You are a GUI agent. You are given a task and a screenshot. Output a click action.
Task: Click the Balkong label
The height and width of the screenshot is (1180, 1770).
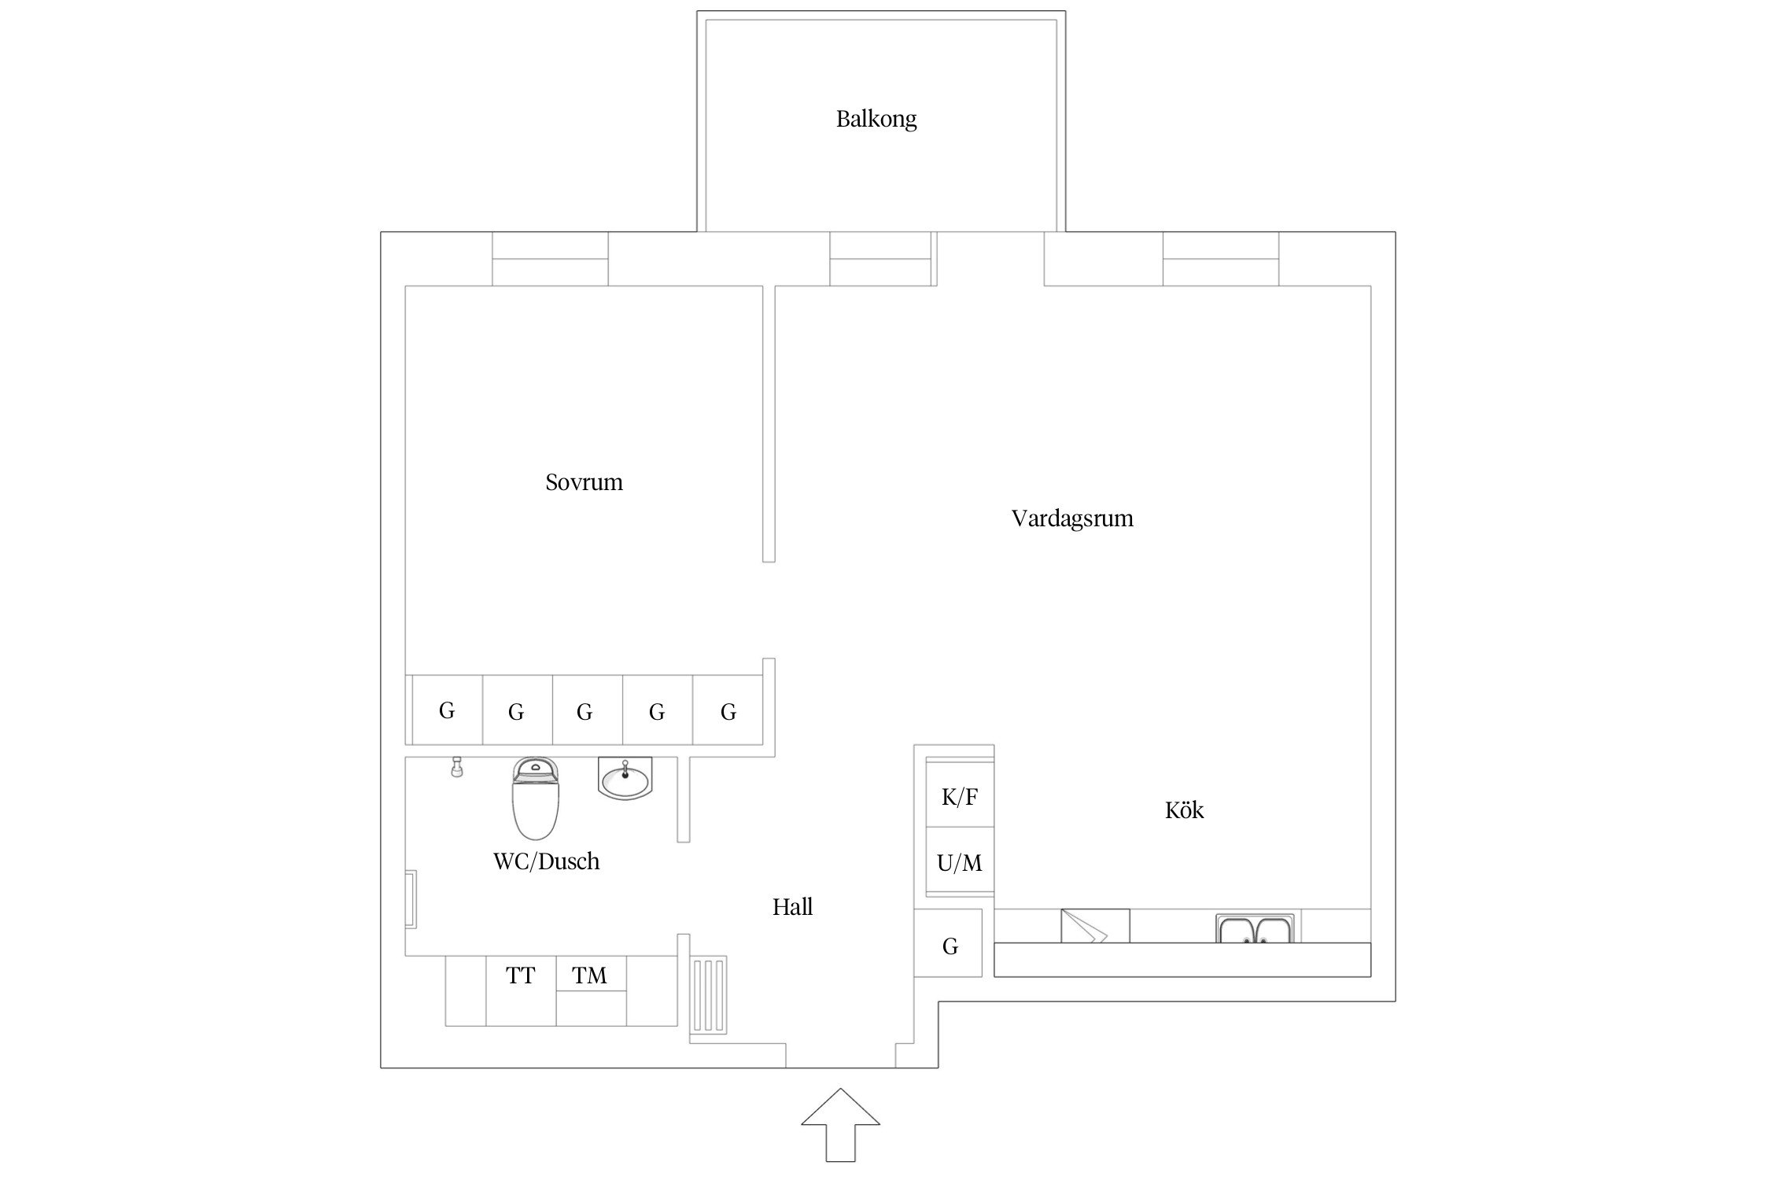coord(876,120)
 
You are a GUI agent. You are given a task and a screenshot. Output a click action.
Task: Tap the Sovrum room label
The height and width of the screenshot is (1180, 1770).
coord(584,482)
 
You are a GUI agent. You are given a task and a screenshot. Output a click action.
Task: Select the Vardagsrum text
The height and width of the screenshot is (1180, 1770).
coord(1071,519)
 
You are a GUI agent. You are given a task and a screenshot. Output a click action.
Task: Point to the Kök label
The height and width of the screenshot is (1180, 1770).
coord(1184,810)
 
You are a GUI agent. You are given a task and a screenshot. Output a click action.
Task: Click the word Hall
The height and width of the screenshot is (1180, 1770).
coord(792,907)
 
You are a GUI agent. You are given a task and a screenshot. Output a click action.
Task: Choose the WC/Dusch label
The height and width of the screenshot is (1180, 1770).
coord(546,861)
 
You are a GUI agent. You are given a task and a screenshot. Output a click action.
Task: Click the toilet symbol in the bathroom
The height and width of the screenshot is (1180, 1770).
coord(536,798)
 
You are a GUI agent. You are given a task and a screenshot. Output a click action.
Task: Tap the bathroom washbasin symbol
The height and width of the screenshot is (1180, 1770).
coord(625,780)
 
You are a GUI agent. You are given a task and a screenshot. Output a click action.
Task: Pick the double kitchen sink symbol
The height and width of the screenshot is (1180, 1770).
coord(1255,928)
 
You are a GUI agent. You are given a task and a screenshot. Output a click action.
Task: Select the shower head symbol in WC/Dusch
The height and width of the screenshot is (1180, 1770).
coord(455,767)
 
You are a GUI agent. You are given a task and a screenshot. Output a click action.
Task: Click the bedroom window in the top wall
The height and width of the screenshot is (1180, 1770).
coord(550,260)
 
